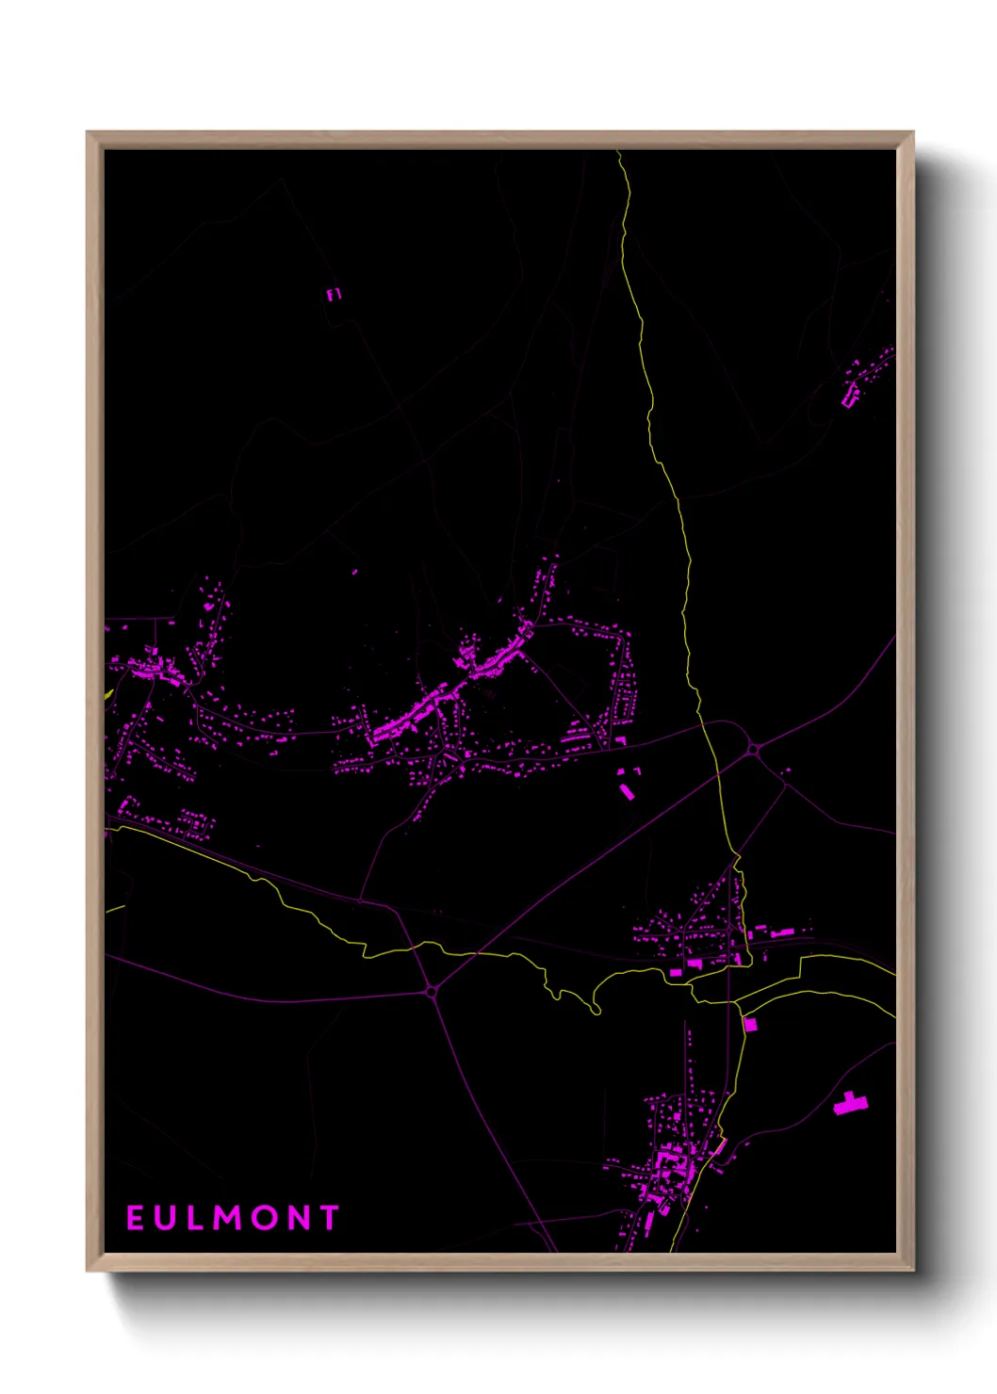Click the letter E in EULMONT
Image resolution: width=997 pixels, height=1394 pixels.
point(134,1218)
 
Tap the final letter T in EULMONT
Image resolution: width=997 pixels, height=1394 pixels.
point(329,1218)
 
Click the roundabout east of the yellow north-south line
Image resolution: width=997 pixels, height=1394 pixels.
point(754,749)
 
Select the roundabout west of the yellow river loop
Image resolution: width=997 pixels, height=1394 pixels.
point(432,991)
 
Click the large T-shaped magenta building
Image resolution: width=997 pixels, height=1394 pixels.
point(851,1103)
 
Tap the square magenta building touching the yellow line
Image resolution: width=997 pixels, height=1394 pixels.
point(750,1024)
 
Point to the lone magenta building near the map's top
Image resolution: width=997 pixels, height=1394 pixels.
point(333,295)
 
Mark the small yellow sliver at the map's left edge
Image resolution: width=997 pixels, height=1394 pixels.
point(108,694)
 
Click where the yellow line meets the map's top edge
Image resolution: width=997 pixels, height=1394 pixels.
point(619,153)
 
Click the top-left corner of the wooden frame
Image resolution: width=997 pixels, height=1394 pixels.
point(88,133)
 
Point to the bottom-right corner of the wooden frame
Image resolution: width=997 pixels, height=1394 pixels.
point(912,1271)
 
